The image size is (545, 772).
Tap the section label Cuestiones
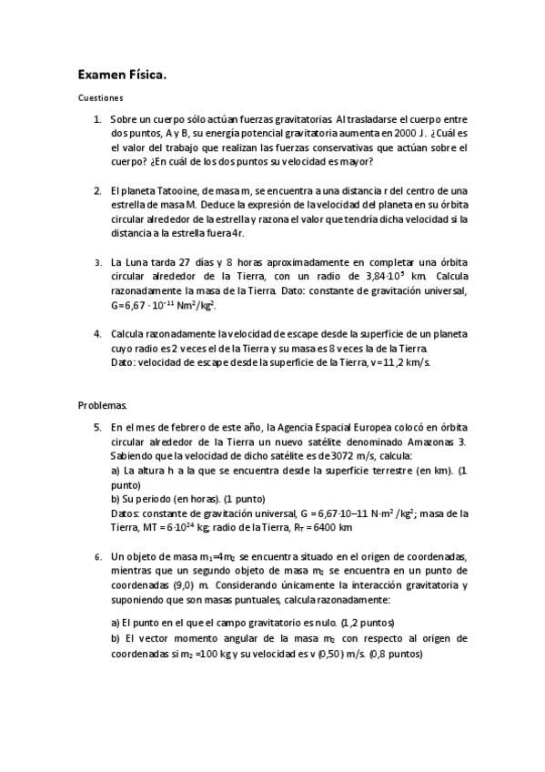pos(100,96)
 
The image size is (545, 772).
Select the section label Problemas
pos(103,403)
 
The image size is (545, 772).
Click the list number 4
pos(97,333)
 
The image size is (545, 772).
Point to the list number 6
pos(97,555)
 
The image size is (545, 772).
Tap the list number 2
pos(97,190)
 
